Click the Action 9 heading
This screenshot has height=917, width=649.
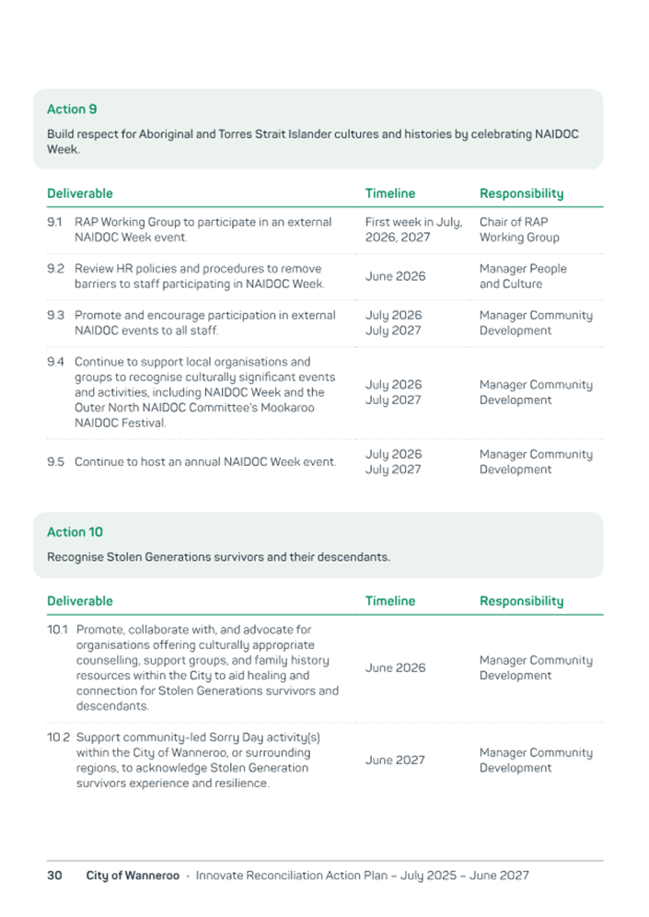point(72,110)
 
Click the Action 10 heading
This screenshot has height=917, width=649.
point(75,532)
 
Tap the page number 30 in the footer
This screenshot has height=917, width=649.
point(54,876)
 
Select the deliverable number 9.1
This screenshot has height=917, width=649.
point(54,223)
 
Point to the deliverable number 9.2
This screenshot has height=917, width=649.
point(55,269)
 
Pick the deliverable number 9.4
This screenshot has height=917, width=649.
point(55,362)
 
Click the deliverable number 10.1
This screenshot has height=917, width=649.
point(58,630)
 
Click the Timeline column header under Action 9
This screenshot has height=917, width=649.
point(389,193)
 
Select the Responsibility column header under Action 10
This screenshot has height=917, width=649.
point(521,601)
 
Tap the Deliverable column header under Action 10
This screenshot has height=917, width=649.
point(80,601)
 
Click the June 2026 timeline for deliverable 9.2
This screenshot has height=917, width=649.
point(395,276)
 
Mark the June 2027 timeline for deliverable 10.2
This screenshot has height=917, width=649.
point(395,760)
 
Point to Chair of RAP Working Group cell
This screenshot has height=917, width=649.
point(519,230)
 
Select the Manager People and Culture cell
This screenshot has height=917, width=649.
point(523,276)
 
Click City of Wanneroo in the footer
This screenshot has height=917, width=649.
point(133,876)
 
